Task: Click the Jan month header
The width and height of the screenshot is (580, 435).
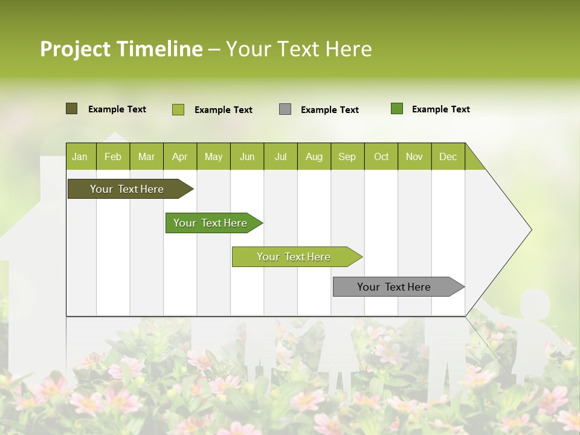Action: coord(80,156)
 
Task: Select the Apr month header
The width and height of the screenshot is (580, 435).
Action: coord(180,156)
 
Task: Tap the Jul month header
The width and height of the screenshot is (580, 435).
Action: coord(280,156)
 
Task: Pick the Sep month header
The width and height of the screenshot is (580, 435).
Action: coord(347,156)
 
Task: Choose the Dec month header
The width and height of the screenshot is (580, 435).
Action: coord(448,156)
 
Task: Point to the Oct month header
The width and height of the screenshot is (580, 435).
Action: coord(381,156)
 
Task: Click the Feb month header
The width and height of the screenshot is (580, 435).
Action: coord(113,156)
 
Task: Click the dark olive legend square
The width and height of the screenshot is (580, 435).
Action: coord(71,109)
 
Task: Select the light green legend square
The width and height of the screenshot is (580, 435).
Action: coord(178,109)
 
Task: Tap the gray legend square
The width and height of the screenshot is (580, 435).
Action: coord(285,109)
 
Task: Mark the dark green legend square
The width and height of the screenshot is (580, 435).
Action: coord(397,109)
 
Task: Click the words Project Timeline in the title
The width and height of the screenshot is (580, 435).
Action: coord(121,49)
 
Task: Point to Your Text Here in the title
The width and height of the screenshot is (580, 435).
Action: coord(298,49)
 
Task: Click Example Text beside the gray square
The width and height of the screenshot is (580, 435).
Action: coord(329,110)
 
